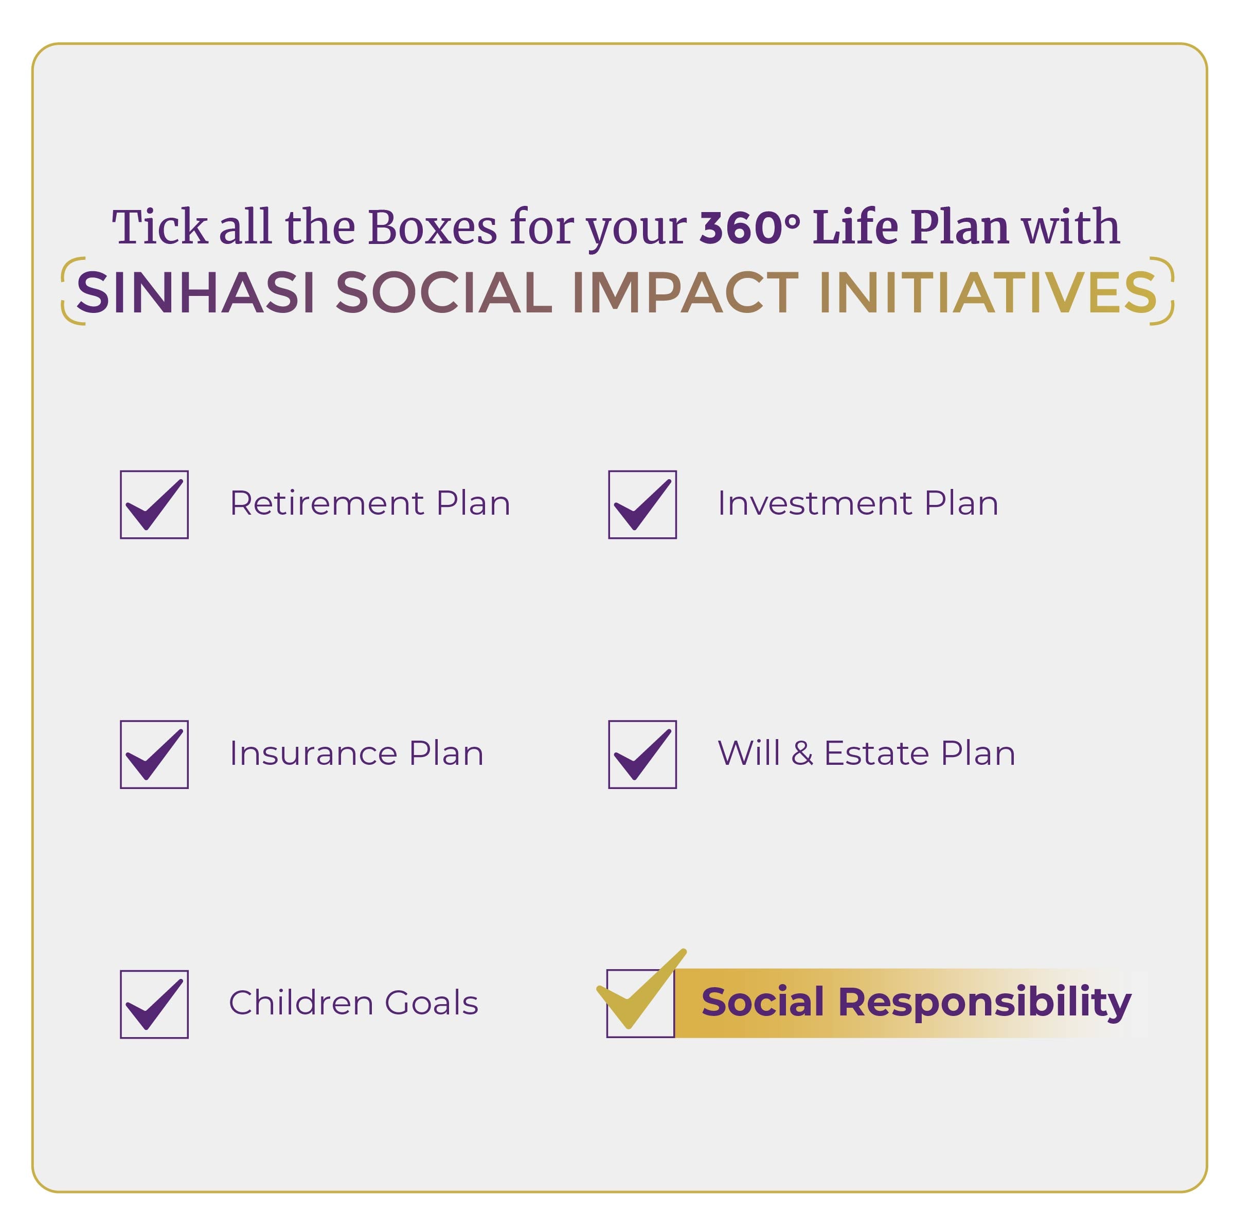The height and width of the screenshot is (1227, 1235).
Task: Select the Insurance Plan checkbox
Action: coord(154,754)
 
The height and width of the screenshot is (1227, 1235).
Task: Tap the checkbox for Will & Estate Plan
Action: coord(642,754)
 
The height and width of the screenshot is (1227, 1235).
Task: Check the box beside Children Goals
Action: coord(154,1004)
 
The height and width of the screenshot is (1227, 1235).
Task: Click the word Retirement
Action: coord(327,503)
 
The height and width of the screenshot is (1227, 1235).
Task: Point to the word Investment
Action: coord(814,503)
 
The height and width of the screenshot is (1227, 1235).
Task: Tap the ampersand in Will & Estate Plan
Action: coord(801,753)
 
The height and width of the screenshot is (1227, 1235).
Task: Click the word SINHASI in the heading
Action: coord(195,292)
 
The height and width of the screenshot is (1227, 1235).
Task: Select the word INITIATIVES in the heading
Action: coord(988,292)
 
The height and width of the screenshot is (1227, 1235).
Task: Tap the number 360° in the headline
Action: coord(750,227)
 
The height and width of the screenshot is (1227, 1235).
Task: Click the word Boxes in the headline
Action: coord(432,227)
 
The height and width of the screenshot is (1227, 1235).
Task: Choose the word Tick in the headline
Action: coord(160,227)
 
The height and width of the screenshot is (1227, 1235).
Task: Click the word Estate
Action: coord(873,753)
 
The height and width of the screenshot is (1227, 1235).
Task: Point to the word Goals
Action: coord(432,1003)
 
